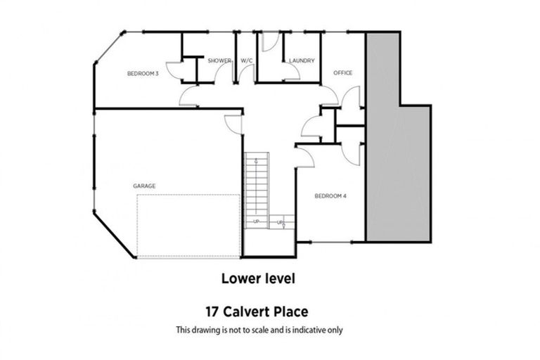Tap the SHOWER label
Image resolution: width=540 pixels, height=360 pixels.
[x=219, y=61]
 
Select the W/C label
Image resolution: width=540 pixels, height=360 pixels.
[x=247, y=61]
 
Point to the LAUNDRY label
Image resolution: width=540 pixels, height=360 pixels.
[x=301, y=61]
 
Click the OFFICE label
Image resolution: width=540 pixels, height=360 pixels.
[x=342, y=73]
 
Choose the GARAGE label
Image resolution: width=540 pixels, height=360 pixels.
[x=144, y=186]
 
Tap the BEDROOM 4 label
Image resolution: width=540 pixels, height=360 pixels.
[x=330, y=195]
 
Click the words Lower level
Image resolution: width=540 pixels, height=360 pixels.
[x=258, y=278]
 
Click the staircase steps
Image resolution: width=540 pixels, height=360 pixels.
[x=257, y=186]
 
